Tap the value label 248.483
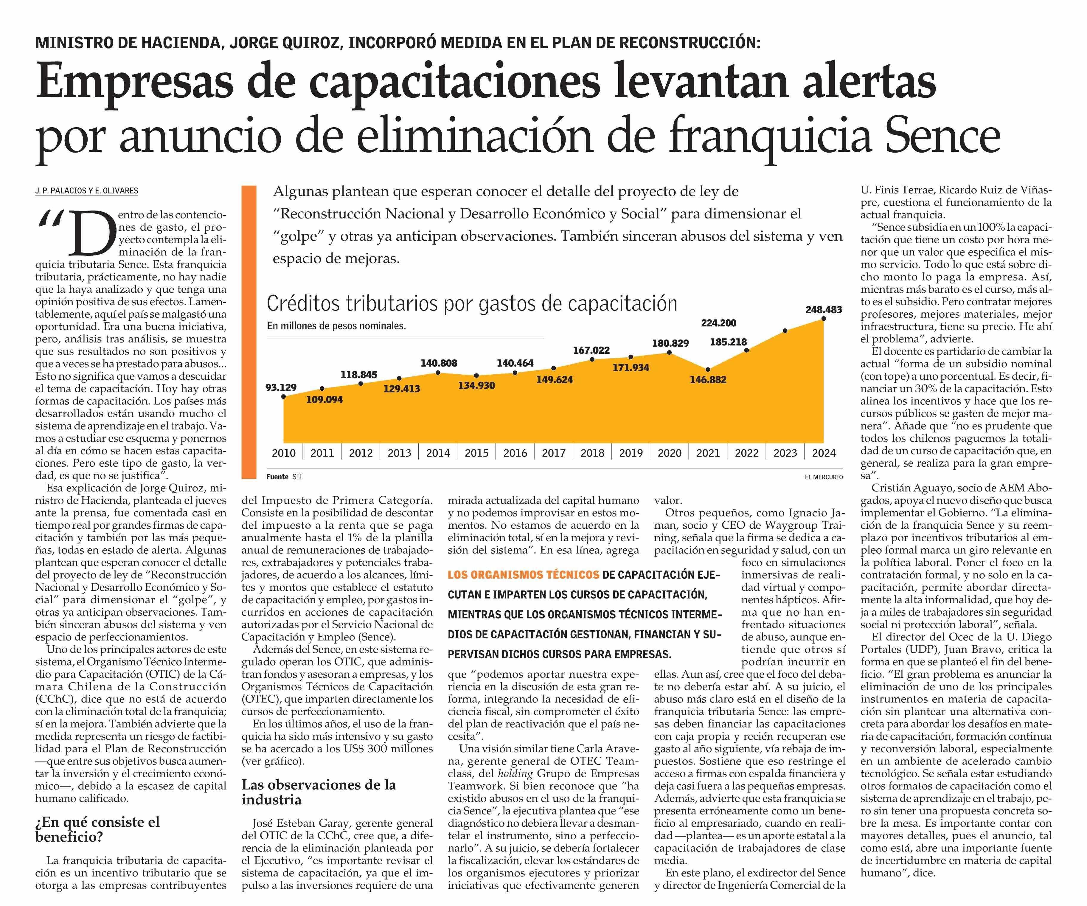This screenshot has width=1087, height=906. pos(824,310)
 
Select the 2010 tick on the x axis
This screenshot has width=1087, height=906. pos(284,453)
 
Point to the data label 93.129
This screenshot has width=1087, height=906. pos(281,387)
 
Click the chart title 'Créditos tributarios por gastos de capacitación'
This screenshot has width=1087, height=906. pos(472,303)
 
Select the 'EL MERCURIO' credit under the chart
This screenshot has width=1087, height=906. pos(824,477)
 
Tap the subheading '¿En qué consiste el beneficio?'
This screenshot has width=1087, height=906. pos(97,829)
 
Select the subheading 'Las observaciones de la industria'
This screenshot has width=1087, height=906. pos(318,792)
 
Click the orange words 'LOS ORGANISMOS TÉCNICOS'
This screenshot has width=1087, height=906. pos(523,575)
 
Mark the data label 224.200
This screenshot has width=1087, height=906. pos(718,323)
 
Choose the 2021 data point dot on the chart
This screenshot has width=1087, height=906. pos(708,369)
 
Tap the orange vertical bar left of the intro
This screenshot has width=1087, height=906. pos(249,331)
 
